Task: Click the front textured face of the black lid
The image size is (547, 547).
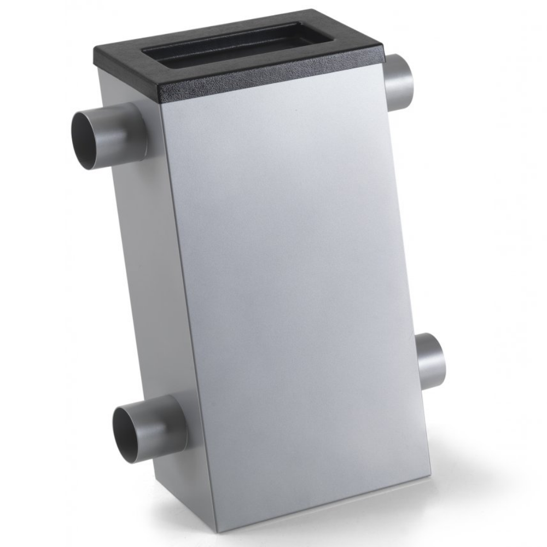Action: [x=273, y=82]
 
